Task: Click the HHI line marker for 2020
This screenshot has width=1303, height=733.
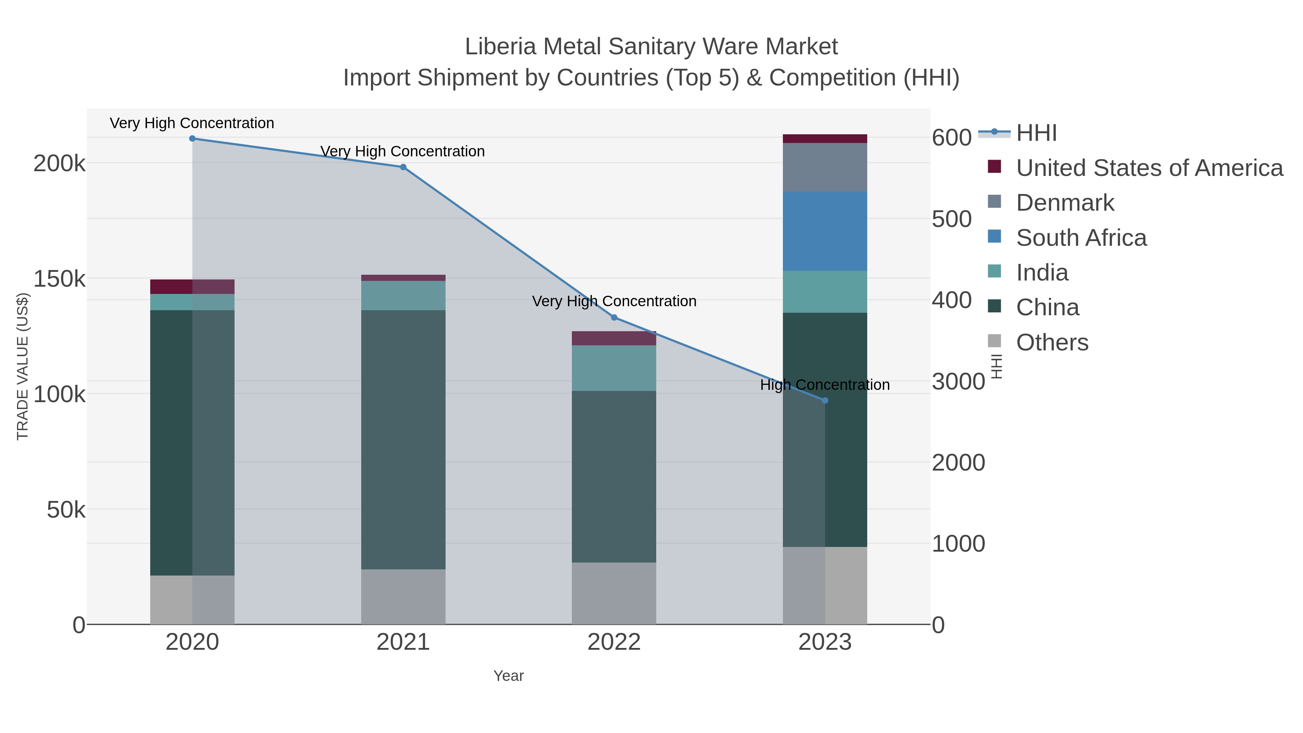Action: [192, 139]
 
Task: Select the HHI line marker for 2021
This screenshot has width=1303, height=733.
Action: [403, 167]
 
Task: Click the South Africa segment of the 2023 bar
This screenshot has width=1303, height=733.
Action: [825, 231]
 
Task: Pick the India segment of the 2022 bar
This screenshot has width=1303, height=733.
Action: [614, 368]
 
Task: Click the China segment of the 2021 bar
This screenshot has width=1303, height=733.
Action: [403, 440]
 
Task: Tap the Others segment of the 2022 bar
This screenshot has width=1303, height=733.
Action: [614, 593]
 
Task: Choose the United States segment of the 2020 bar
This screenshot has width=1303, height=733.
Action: [192, 286]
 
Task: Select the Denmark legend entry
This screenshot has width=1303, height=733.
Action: [1065, 203]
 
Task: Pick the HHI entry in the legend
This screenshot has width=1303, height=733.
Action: [1036, 133]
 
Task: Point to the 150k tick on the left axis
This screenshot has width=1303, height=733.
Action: [59, 279]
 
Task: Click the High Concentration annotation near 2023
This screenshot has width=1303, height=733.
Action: [825, 385]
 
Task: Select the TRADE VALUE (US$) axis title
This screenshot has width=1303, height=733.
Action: [23, 366]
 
